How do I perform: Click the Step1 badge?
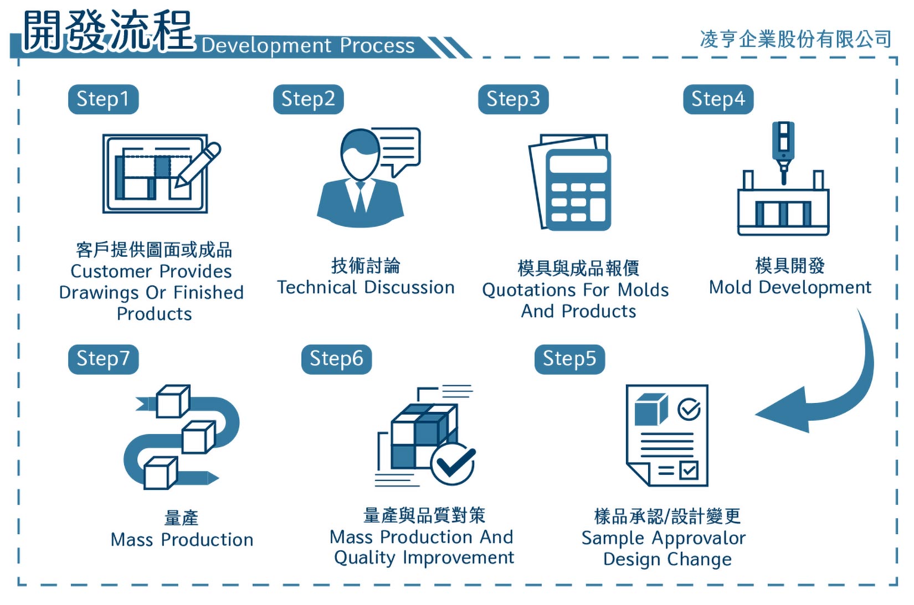tap(103, 99)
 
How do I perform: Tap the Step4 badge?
tap(718, 99)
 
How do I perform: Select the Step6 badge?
tap(336, 359)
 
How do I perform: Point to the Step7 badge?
tap(103, 359)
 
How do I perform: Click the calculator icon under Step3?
tap(578, 189)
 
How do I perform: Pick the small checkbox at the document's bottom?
tap(689, 471)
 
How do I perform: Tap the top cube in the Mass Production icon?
tap(173, 401)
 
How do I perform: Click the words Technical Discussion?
tap(366, 287)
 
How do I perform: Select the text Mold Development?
tap(790, 287)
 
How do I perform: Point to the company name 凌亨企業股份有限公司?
tap(795, 39)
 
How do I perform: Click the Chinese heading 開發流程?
tap(107, 31)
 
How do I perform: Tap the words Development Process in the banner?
tap(308, 45)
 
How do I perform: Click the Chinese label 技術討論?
tap(366, 266)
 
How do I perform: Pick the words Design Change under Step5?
tap(667, 560)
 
